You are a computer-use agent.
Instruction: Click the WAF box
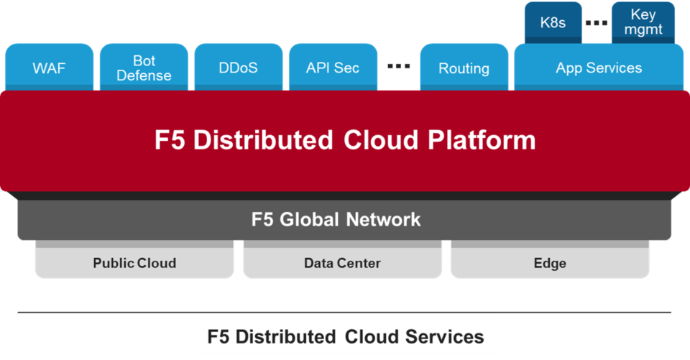pyautogui.click(x=49, y=68)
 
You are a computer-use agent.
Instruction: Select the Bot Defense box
pyautogui.click(x=144, y=68)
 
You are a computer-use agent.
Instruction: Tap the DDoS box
pyautogui.click(x=238, y=68)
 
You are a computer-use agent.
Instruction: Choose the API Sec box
pyautogui.click(x=333, y=68)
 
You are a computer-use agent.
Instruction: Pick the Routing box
pyautogui.click(x=464, y=68)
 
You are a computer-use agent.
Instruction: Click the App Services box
pyautogui.click(x=599, y=68)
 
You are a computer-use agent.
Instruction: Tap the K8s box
pyautogui.click(x=553, y=22)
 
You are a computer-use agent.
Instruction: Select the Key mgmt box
pyautogui.click(x=643, y=22)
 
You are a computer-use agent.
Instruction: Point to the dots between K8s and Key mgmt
pyautogui.click(x=597, y=22)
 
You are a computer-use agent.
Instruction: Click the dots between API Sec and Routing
pyautogui.click(x=398, y=66)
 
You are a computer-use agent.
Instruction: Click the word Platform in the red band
pyautogui.click(x=482, y=139)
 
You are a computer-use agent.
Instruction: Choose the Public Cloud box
pyautogui.click(x=134, y=263)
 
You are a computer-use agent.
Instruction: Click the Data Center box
pyautogui.click(x=342, y=263)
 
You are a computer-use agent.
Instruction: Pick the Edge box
pyautogui.click(x=550, y=263)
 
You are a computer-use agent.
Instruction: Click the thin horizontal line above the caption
pyautogui.click(x=345, y=313)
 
